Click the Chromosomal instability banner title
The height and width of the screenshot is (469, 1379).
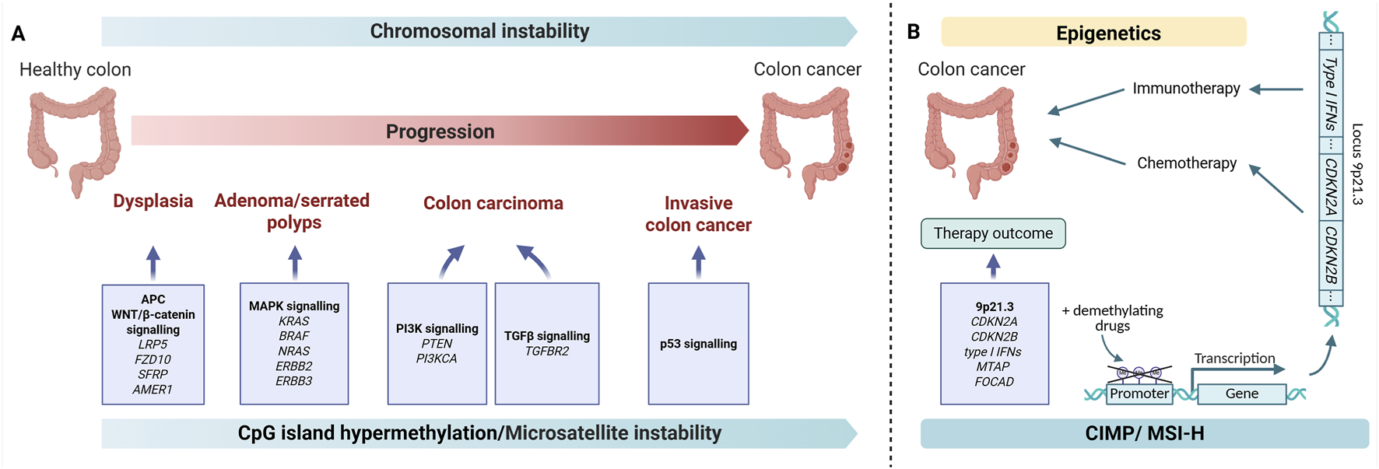coord(479,31)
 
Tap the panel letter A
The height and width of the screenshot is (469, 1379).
coord(18,33)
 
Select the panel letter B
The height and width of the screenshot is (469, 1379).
coord(913,32)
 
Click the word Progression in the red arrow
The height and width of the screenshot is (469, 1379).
coord(440,131)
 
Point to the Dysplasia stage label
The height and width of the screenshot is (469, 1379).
coord(153,201)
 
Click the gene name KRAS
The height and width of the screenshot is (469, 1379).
coord(293,321)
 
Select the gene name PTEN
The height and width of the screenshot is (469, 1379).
coord(437,344)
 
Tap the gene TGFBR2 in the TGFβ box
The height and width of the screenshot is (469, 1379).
coord(546,351)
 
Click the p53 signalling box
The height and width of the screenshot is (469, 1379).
coord(698,344)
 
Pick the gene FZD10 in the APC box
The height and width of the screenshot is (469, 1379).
coord(153,359)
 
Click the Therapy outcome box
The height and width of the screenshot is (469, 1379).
coord(992,233)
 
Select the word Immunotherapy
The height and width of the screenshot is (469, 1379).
coord(1186,89)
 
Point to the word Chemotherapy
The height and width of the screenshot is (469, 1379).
coord(1186,163)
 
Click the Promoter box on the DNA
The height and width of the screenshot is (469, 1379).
coord(1139,394)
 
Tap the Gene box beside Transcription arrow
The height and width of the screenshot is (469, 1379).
coord(1241,394)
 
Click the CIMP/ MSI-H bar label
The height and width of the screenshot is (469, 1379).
coord(1144,433)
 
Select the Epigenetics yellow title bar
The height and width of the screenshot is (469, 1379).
coord(1107,33)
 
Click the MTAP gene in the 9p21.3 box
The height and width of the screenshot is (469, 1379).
coord(993,366)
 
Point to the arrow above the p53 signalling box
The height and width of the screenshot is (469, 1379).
coord(698,262)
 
